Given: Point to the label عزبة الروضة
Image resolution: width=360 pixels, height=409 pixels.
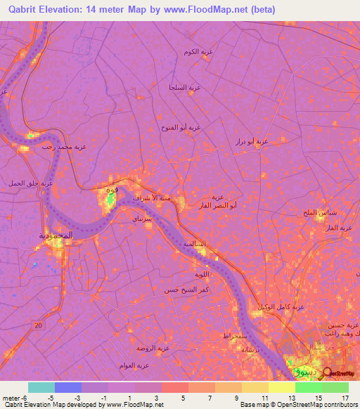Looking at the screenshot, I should point(154,348).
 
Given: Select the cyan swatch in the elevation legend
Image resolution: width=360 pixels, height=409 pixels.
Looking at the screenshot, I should point(41,387).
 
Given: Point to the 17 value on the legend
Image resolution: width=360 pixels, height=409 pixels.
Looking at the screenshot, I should point(344,397).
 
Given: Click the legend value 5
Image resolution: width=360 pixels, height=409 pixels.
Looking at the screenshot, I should point(184,397).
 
